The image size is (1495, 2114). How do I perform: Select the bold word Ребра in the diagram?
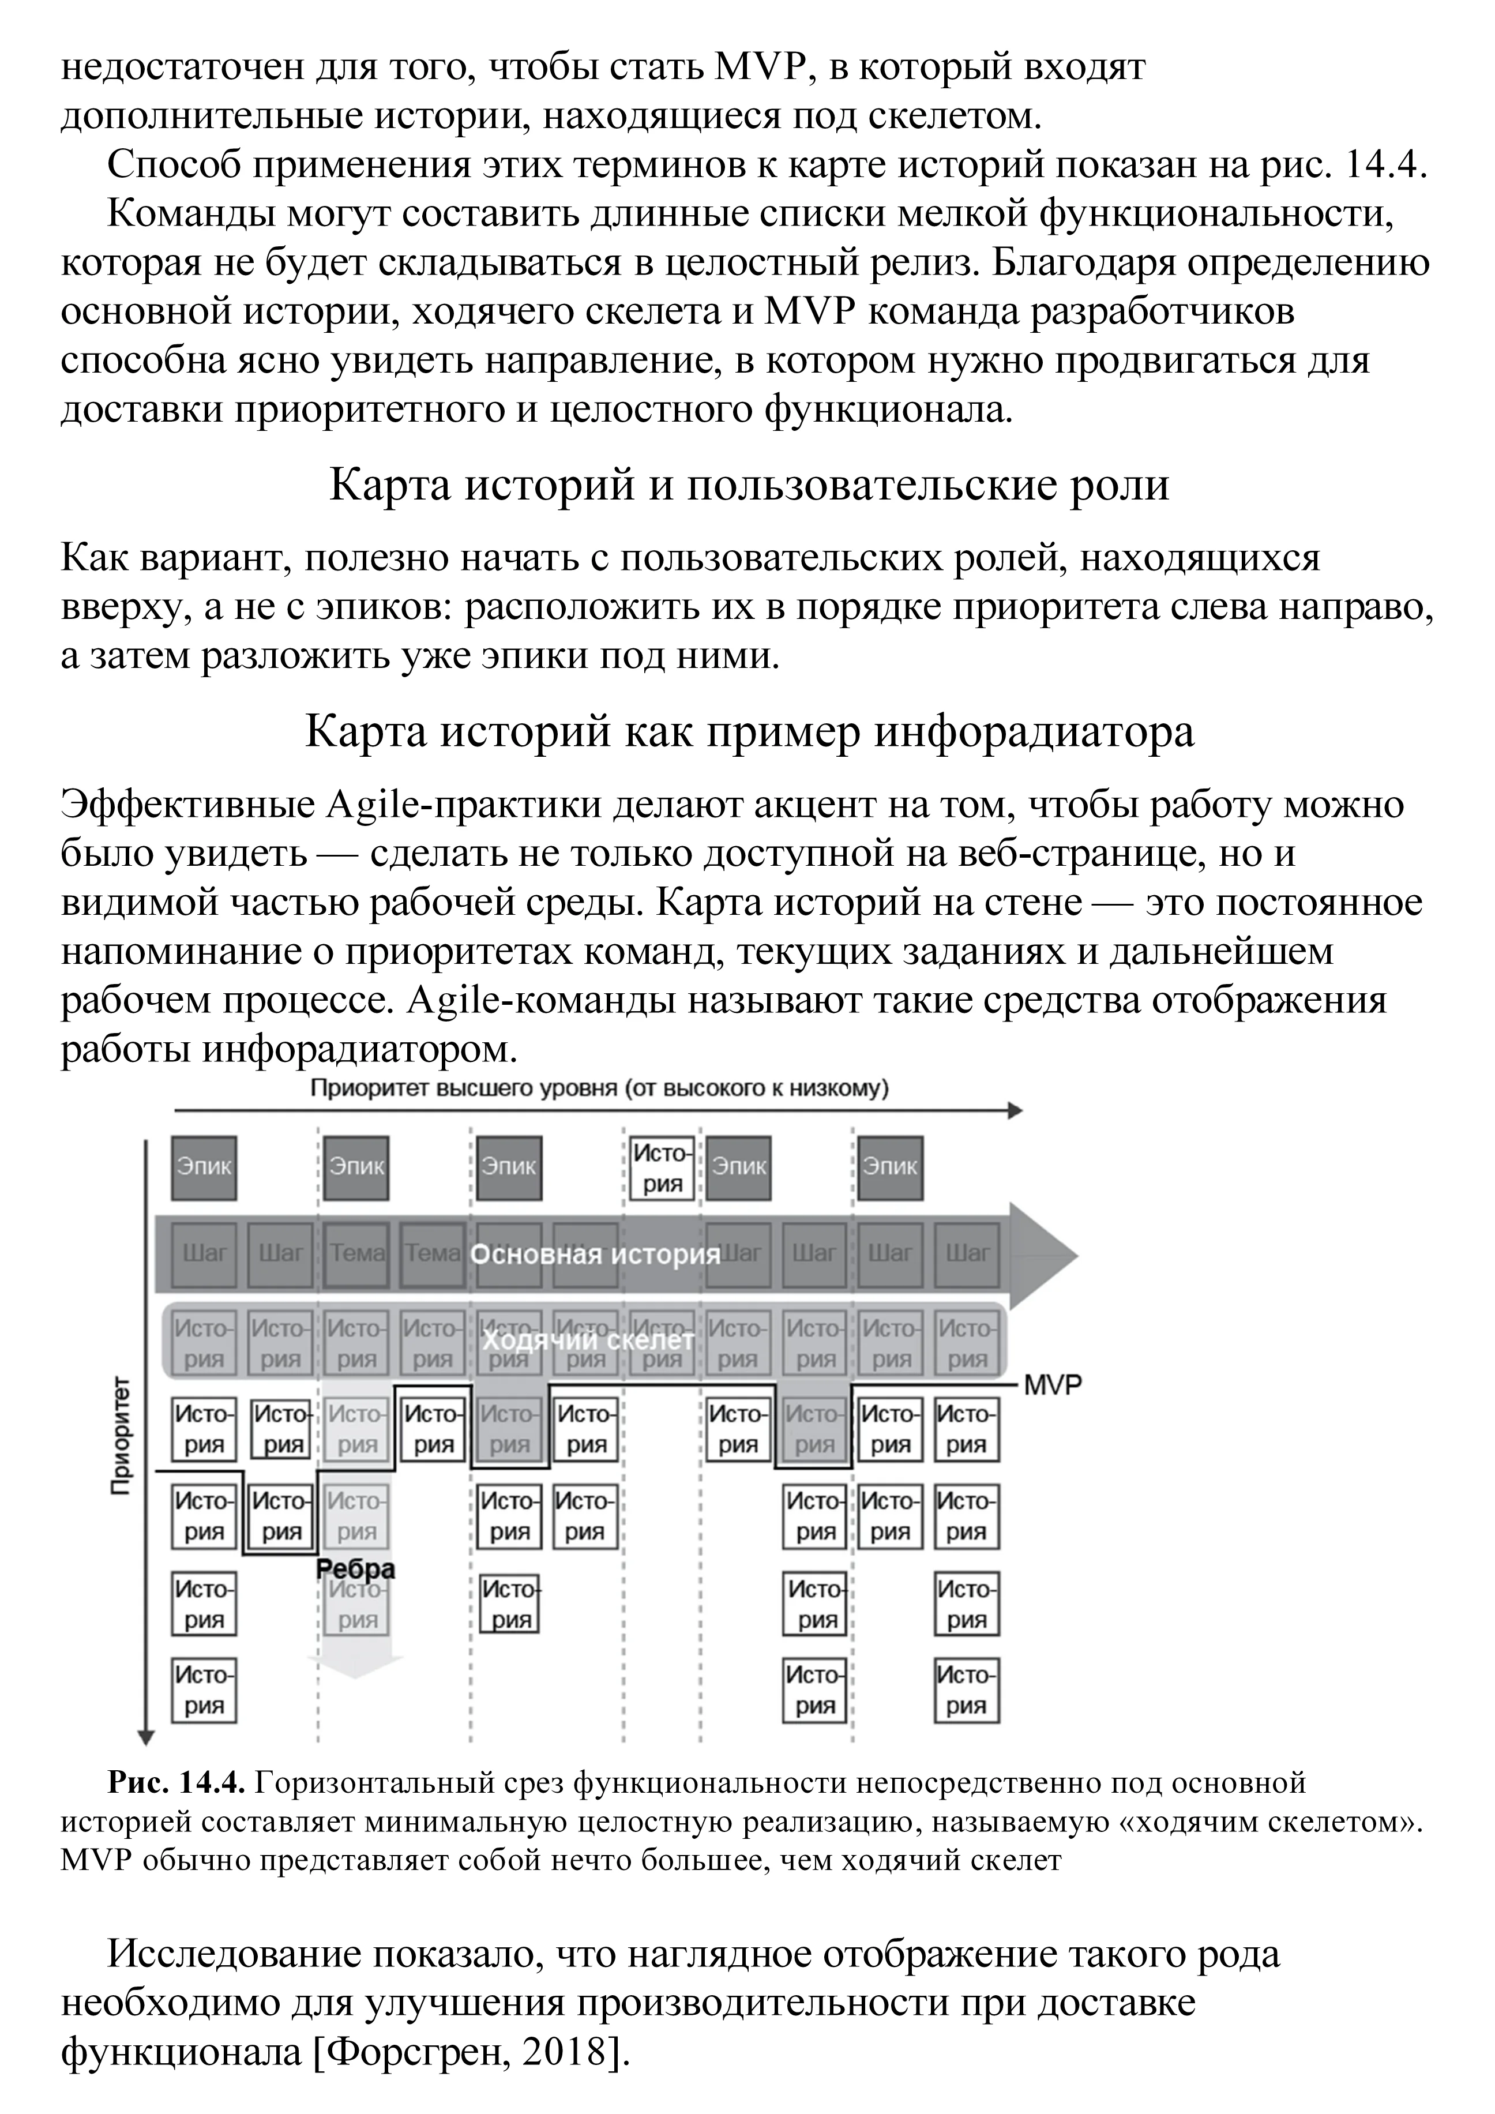coord(355,1569)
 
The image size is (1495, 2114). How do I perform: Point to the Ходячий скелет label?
coord(587,1341)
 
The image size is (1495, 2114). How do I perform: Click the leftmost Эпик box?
coord(204,1167)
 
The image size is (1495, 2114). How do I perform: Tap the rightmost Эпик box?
coord(889,1167)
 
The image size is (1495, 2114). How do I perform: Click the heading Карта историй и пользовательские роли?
coord(749,485)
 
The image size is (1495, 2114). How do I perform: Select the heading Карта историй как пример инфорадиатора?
coord(749,732)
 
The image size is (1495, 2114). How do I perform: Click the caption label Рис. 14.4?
coord(176,1783)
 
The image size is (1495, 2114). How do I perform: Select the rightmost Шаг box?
coord(967,1254)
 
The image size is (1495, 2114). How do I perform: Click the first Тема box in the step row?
coord(356,1254)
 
